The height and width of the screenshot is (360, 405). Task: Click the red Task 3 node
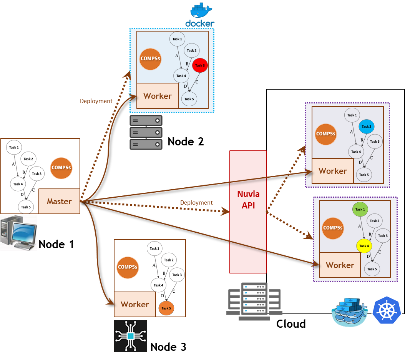(x=200, y=65)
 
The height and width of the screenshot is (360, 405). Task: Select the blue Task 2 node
(x=366, y=127)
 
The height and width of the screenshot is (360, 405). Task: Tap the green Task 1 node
(x=360, y=209)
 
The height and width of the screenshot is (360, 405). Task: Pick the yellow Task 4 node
(x=364, y=246)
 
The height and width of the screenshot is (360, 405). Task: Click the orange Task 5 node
(x=166, y=308)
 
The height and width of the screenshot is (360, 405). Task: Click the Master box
(x=59, y=201)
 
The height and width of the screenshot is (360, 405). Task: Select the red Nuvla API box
(x=248, y=212)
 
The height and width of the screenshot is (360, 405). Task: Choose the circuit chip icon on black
(x=131, y=336)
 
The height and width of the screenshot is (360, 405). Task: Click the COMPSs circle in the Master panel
(x=61, y=168)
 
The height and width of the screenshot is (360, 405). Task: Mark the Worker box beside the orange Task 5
(x=135, y=304)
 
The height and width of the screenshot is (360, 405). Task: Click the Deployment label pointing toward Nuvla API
(x=196, y=202)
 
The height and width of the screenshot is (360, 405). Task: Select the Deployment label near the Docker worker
(x=96, y=101)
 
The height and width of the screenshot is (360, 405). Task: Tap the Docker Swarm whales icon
(x=349, y=311)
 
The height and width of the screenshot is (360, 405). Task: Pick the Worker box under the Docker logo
(x=158, y=96)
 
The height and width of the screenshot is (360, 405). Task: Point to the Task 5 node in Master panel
(x=26, y=207)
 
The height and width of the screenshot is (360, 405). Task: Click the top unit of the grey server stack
(x=146, y=121)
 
